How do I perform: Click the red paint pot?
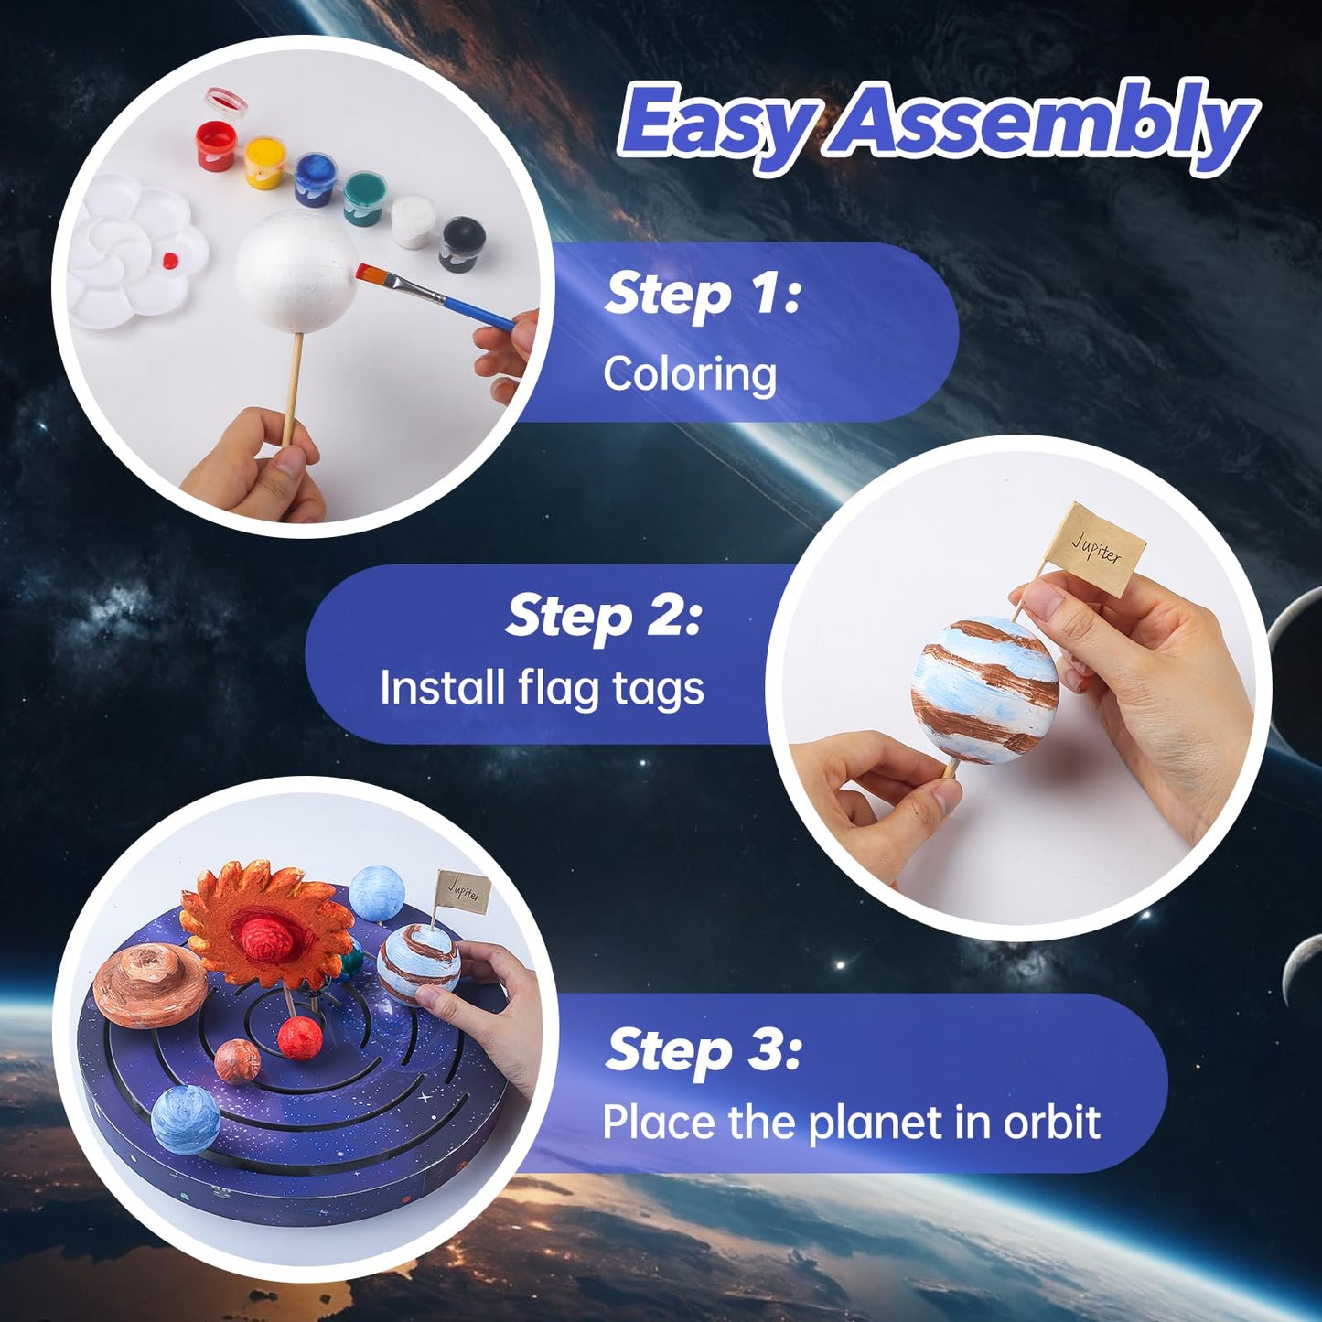coord(216,146)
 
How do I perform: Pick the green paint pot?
coord(364,199)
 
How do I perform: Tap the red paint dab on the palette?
coord(169,261)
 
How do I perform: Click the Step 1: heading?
coord(702,294)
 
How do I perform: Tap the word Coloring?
coord(690,374)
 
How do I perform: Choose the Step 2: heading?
coord(604,616)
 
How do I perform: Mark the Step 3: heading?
coord(703,1049)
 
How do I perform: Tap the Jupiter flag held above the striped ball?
coord(1097,550)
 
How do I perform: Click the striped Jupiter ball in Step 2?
coord(986,691)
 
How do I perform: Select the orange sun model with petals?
coord(265,924)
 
